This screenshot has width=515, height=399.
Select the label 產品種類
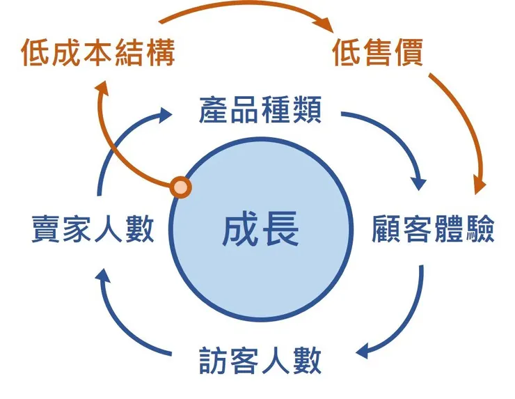pos(260,111)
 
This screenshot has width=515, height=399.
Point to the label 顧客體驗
pos(433,230)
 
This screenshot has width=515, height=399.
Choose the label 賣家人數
pos(93,230)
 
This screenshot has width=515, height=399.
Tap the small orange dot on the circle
pos(180,187)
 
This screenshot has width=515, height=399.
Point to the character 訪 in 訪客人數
pos(209,361)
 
